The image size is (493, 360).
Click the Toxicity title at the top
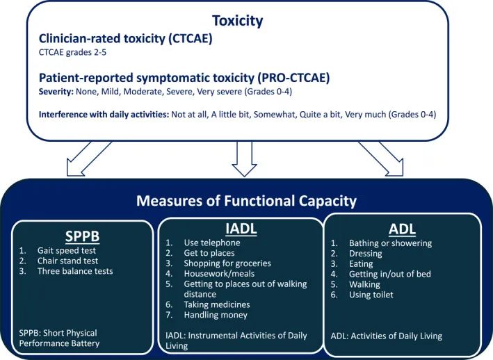237,21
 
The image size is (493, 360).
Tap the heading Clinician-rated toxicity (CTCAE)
125,39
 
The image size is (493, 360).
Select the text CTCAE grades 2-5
72,52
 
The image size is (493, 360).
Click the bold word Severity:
56,92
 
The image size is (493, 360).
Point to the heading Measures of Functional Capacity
246,201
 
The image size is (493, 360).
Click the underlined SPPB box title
82,236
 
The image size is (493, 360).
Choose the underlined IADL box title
241,229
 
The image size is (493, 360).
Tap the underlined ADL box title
402,229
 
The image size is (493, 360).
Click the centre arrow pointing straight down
244,158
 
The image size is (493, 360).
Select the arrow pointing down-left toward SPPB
89,158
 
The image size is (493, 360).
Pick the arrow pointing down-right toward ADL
381,158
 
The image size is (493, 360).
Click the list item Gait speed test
66,251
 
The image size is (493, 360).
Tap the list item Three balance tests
75,272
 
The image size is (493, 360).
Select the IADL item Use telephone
212,243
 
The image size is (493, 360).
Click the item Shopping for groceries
227,263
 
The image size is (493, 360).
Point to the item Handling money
216,315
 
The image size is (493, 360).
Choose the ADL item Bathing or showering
390,243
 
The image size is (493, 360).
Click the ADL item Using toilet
371,295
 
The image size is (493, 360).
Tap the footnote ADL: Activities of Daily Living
386,336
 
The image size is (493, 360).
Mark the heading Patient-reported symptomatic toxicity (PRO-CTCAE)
184,78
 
